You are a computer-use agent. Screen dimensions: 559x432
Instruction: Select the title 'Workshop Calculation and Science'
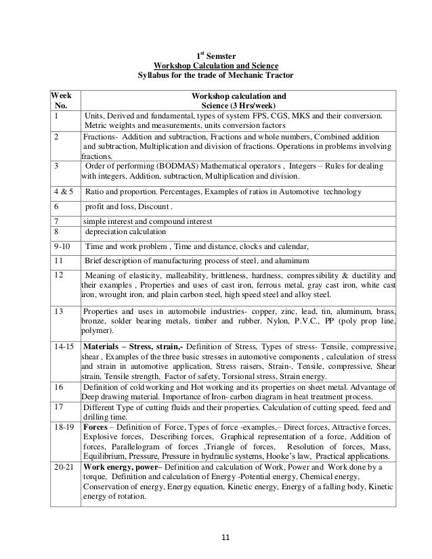216,64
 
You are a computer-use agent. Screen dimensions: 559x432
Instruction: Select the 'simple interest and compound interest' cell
148,221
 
